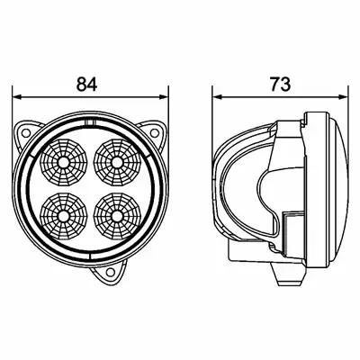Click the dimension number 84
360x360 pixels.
pos(86,84)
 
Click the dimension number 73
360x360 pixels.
pos(281,84)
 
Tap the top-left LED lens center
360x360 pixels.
pos(64,162)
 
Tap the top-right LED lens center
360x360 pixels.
pos(117,162)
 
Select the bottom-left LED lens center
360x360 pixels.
pos(64,215)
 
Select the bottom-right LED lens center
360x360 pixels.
pos(117,215)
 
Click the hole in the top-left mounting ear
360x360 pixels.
pos(26,132)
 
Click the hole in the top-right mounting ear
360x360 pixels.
pos(154,132)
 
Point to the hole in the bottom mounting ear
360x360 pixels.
pos(111,272)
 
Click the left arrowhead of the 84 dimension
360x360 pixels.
pos(17,97)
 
